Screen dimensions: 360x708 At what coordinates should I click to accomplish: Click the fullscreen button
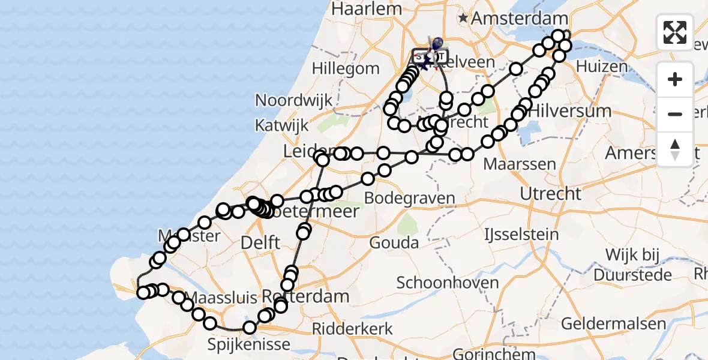(675, 32)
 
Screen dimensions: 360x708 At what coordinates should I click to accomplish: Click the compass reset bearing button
(675, 149)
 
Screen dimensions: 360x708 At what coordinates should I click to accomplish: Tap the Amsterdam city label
(519, 19)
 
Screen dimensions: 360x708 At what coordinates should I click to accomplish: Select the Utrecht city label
(550, 194)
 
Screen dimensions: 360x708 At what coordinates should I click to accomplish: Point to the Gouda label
(394, 243)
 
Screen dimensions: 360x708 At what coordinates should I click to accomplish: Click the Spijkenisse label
(248, 344)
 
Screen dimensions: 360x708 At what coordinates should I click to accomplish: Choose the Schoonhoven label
(448, 283)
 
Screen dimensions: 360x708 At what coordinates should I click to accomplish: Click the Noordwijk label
(293, 100)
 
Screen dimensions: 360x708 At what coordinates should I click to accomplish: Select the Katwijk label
(281, 126)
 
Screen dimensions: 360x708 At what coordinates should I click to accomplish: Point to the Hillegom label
(346, 69)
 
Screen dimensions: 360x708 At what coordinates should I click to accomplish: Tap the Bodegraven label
(410, 198)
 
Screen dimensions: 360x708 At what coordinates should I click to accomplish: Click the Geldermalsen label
(614, 324)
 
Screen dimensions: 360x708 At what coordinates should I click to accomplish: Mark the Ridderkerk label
(352, 329)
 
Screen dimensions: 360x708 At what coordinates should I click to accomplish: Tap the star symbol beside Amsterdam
(463, 19)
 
